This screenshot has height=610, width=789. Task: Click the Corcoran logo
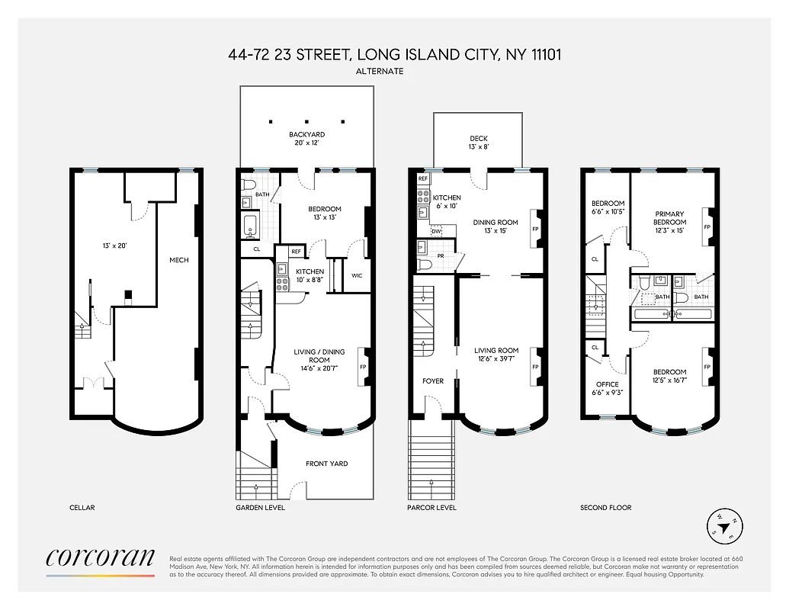(101, 558)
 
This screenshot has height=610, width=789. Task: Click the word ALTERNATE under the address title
(379, 71)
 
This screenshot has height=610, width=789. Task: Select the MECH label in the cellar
(178, 260)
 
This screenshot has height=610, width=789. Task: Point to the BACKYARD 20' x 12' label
(306, 139)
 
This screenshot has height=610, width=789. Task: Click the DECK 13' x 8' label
(478, 143)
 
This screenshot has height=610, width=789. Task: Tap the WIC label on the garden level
(357, 275)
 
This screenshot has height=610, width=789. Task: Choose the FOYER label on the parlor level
(433, 381)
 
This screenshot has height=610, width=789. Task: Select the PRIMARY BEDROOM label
(669, 219)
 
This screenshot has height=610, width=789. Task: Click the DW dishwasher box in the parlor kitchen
(436, 230)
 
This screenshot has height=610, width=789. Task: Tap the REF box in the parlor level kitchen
(423, 178)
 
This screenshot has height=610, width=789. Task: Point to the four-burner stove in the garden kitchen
(281, 284)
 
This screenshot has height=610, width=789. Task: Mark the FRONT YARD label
(326, 464)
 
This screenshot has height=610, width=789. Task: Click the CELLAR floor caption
(82, 508)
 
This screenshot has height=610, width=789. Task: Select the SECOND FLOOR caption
(606, 508)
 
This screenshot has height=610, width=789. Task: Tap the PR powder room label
(441, 257)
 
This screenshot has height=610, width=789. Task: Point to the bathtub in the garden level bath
(250, 226)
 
